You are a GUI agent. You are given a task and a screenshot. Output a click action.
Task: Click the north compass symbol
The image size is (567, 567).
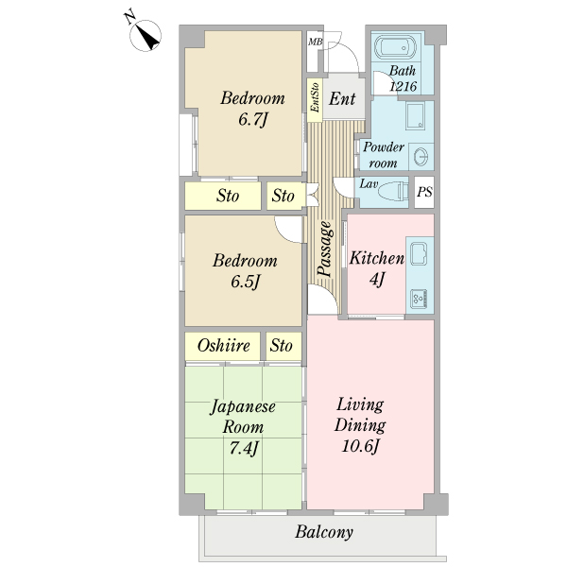146,35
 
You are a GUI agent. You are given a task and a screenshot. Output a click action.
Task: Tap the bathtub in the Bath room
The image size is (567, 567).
395,46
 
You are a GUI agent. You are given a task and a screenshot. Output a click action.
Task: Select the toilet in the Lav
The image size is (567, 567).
393,192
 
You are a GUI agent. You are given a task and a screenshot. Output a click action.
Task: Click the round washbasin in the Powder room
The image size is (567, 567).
421,157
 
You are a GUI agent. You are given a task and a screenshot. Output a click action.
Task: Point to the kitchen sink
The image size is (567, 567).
419,253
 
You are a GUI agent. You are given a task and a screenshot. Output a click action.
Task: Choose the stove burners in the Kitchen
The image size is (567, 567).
419,299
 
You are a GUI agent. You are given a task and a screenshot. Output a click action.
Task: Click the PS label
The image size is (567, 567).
424,192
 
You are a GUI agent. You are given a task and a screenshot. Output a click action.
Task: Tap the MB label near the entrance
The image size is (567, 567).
315,42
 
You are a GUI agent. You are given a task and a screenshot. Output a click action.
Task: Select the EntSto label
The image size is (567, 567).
315,97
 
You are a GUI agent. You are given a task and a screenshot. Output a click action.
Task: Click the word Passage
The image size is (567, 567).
324,249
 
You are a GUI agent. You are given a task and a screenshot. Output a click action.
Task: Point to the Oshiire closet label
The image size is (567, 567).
223,346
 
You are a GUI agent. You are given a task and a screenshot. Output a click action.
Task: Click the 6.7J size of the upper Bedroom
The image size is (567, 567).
252,119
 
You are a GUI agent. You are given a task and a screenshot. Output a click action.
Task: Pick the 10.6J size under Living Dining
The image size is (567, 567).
360,446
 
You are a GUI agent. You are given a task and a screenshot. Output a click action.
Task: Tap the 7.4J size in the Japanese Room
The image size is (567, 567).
244,448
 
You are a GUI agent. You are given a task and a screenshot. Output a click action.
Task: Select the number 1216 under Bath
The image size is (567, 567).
404,86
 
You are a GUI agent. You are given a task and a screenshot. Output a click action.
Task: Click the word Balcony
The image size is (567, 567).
324,532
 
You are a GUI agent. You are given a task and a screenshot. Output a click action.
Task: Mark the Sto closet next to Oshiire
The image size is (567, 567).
283,346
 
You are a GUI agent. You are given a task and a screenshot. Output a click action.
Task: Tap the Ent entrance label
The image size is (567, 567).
342,98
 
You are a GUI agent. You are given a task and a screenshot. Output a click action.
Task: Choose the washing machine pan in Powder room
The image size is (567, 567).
415,116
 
